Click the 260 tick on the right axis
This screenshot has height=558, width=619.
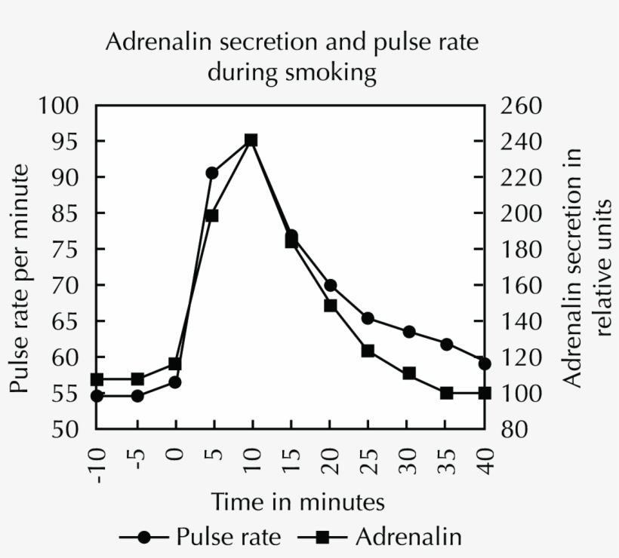(x=521, y=106)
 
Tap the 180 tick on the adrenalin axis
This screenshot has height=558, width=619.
(x=521, y=250)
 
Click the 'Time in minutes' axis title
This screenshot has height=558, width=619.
(x=298, y=501)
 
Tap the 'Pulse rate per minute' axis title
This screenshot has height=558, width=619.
(x=20, y=278)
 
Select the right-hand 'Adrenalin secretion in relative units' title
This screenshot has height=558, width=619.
(x=589, y=268)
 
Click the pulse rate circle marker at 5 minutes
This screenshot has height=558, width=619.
(x=212, y=173)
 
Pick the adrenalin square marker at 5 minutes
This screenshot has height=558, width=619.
(x=212, y=216)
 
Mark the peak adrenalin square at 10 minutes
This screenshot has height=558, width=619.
(x=251, y=140)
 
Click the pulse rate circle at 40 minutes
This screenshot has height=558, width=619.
(x=485, y=363)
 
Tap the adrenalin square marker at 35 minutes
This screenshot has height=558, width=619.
(x=446, y=393)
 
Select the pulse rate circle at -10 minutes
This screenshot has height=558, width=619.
(x=97, y=395)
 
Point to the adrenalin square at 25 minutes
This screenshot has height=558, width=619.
(x=368, y=351)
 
